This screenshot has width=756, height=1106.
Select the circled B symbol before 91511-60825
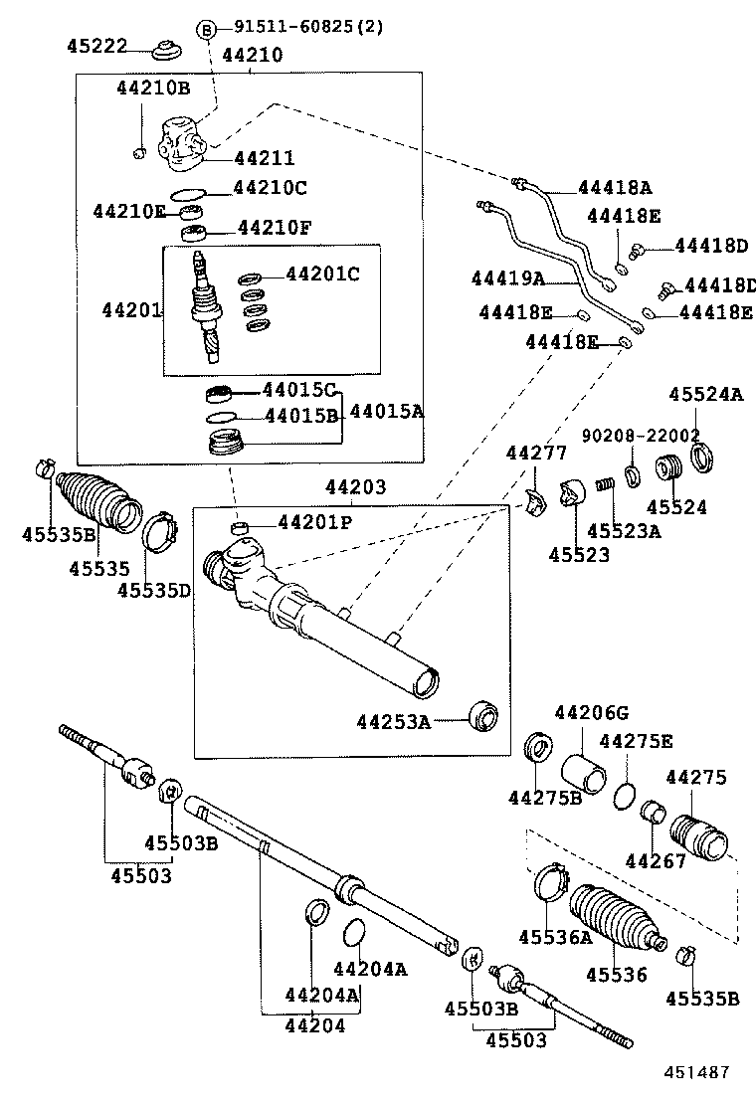click(207, 30)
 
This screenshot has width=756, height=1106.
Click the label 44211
click(264, 158)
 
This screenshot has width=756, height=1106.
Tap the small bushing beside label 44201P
click(240, 526)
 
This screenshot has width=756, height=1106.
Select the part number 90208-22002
click(641, 435)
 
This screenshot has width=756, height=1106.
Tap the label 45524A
click(705, 394)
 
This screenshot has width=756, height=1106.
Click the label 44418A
click(616, 188)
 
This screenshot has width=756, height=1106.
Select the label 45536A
click(554, 937)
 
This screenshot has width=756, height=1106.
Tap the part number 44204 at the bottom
click(314, 1025)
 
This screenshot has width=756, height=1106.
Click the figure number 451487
click(696, 1072)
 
